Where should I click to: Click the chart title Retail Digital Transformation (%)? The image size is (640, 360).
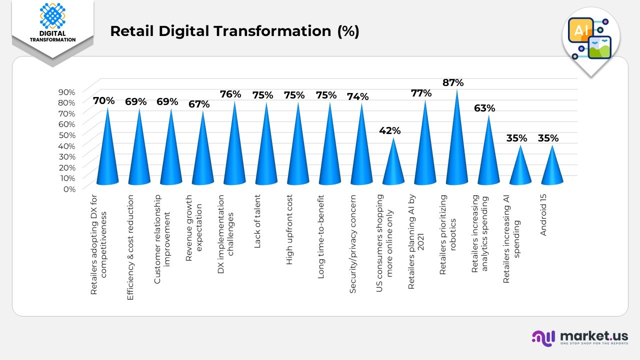(234, 31)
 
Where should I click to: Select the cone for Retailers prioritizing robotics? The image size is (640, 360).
(456, 150)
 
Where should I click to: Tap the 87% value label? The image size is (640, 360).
(453, 82)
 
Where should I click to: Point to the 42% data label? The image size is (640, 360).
(389, 130)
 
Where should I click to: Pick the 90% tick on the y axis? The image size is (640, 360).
(67, 92)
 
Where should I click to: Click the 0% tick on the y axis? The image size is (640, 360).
(69, 188)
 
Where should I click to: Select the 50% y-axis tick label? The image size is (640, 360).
(67, 135)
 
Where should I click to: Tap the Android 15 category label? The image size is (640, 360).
(544, 215)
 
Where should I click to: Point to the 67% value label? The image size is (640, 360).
(198, 104)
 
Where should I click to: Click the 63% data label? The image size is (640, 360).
(484, 108)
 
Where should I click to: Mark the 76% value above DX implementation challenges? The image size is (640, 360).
(230, 94)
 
